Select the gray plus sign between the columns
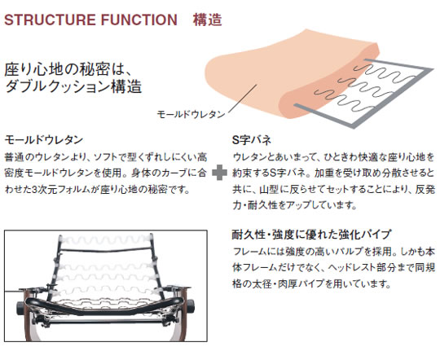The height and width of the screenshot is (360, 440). pos(219,173)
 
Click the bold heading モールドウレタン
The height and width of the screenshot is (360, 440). pos(44,139)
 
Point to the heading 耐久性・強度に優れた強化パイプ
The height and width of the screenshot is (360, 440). pos(312,235)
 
